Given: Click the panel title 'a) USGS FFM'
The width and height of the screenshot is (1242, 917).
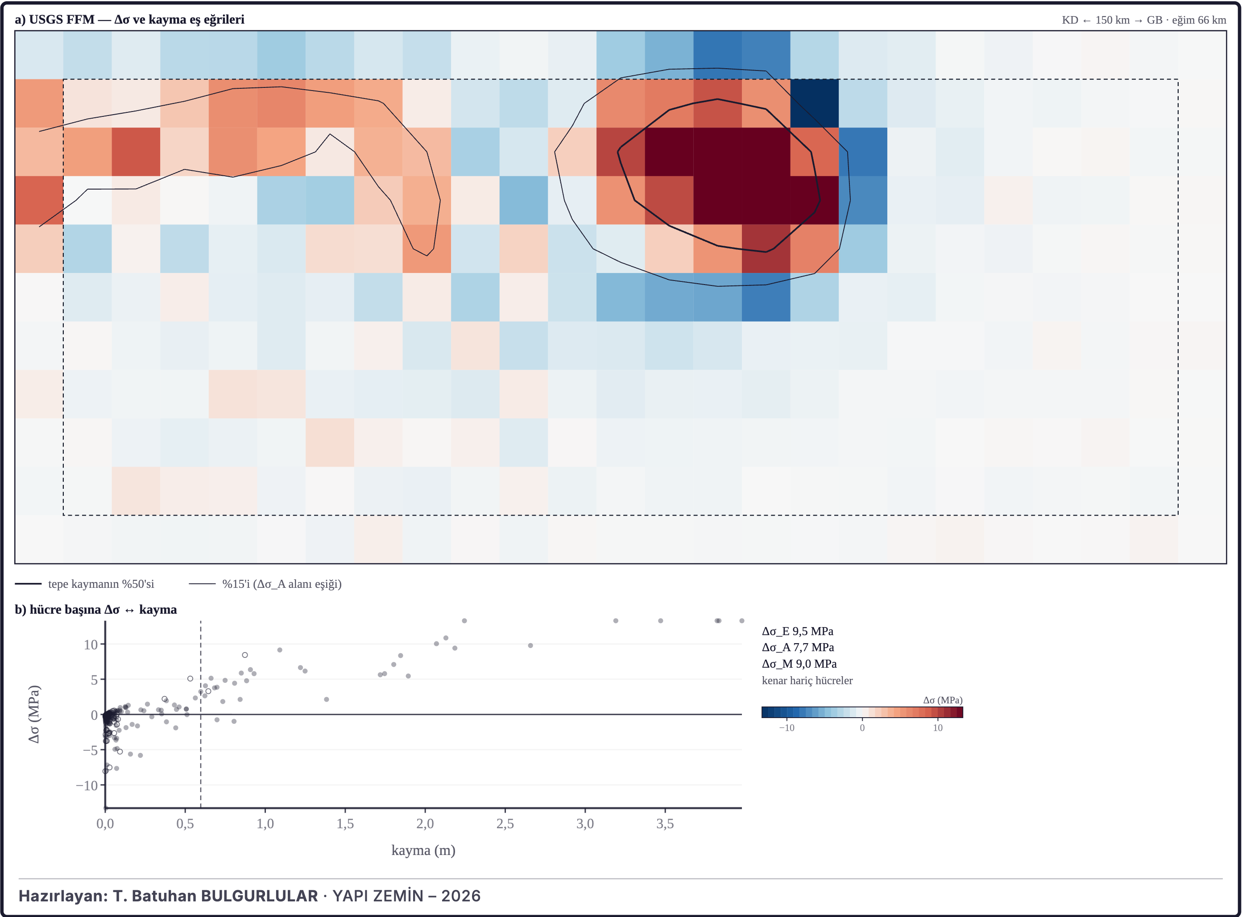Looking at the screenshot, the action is pyautogui.click(x=54, y=20).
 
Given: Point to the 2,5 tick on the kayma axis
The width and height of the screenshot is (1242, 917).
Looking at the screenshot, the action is pyautogui.click(x=505, y=824).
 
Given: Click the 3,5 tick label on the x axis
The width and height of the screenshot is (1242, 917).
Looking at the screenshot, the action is pyautogui.click(x=665, y=824).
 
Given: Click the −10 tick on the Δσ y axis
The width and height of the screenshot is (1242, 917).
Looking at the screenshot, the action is pyautogui.click(x=87, y=785).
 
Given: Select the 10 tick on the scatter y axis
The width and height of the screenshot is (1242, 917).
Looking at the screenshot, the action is pyautogui.click(x=91, y=644).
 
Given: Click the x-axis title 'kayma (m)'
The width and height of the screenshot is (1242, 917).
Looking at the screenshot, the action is pyautogui.click(x=423, y=851).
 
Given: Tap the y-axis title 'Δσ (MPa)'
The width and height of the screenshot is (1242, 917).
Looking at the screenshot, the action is pyautogui.click(x=34, y=715).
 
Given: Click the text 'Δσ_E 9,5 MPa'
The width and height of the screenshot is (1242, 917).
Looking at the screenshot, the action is pyautogui.click(x=797, y=631).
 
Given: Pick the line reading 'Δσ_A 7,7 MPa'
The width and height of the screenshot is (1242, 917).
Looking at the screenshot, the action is pyautogui.click(x=798, y=647).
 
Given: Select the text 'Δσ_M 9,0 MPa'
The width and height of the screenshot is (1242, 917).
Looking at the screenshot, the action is pyautogui.click(x=799, y=664).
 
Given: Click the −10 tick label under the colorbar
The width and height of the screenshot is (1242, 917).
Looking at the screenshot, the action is pyautogui.click(x=786, y=728).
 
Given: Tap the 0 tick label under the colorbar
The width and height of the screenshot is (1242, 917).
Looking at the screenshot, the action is pyautogui.click(x=862, y=728).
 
